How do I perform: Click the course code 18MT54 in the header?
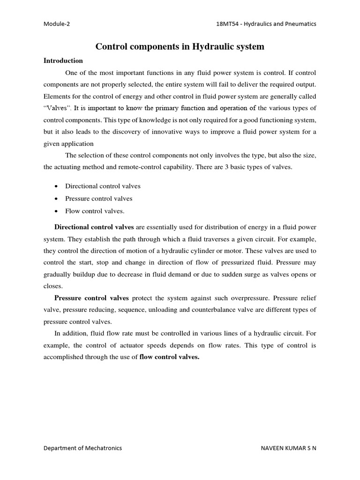[x=224, y=23]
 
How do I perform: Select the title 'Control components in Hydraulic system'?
[x=180, y=46]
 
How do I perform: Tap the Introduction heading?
[x=63, y=60]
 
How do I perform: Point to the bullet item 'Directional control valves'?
[x=103, y=186]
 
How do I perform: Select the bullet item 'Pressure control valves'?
[x=98, y=198]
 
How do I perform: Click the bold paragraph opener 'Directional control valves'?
[x=94, y=227]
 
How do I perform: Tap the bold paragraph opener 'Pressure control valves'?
[x=92, y=297]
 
